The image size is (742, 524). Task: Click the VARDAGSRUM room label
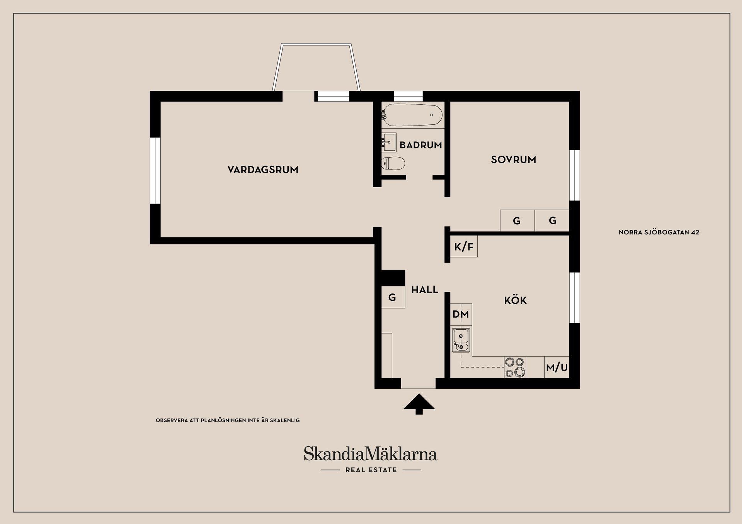click(263, 170)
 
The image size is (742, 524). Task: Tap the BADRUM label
click(420, 145)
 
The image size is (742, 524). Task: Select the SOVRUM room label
click(514, 159)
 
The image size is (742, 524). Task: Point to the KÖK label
click(516, 300)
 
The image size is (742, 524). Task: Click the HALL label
click(425, 290)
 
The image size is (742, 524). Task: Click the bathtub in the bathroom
click(412, 115)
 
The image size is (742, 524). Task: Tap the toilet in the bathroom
click(393, 163)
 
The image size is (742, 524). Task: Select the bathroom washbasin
click(389, 142)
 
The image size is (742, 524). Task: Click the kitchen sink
click(461, 340)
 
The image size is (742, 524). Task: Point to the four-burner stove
click(515, 367)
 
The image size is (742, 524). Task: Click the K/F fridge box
click(464, 247)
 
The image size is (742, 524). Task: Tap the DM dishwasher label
click(461, 314)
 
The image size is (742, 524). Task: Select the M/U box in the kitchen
click(557, 367)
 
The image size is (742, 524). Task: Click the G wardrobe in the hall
click(393, 297)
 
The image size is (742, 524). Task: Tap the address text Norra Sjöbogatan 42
click(659, 232)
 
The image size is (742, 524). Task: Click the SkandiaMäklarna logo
click(370, 454)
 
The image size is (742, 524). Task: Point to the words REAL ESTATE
click(371, 470)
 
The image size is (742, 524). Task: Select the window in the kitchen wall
click(575, 297)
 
